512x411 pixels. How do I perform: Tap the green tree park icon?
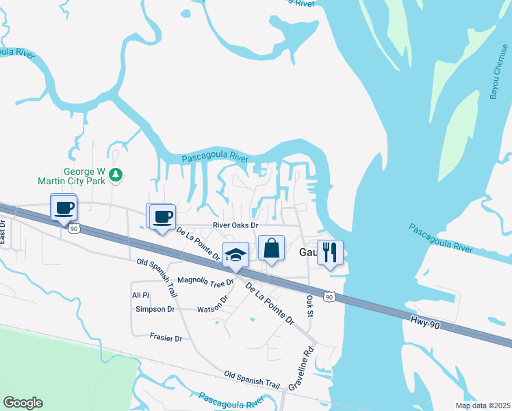coord(117,176)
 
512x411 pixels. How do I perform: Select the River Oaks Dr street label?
coord(236,225)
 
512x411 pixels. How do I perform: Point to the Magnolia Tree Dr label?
coord(206,281)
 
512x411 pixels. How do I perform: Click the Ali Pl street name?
coord(140,295)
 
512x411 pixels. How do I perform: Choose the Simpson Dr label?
coord(155,309)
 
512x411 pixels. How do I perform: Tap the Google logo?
coord(23,403)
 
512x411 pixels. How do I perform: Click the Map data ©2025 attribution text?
coord(482,406)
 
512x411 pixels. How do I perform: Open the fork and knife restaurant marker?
coord(330,252)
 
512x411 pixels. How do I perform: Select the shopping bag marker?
coord(271,248)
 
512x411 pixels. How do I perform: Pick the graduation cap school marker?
coord(236,255)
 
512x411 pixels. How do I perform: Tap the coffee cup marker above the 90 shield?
coord(64,207)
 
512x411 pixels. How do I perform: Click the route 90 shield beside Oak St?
coord(330,297)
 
